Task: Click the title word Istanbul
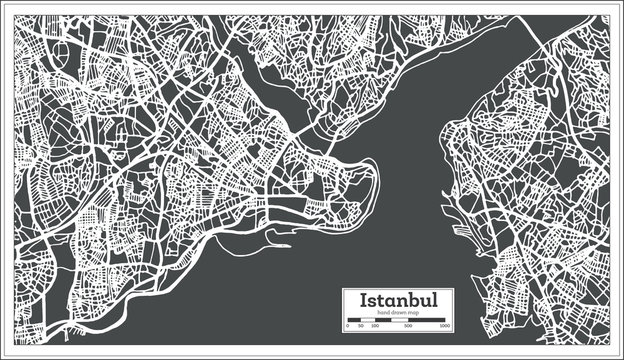click(x=397, y=300)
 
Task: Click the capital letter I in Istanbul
click(x=363, y=300)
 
